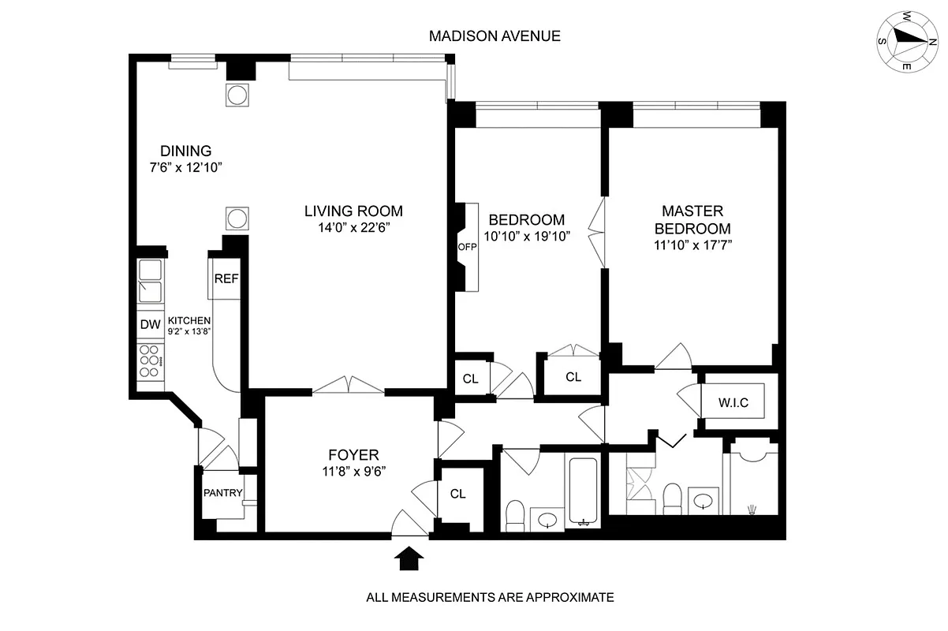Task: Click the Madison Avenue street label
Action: [x=495, y=36]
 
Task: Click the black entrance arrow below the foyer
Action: [x=408, y=558]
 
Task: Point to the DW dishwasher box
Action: [x=149, y=324]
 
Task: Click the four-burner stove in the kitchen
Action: [x=149, y=360]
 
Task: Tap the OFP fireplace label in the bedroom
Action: [x=463, y=247]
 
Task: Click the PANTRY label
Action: [x=222, y=494]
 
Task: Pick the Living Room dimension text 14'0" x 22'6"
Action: [x=353, y=228]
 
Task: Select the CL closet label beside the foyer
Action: [x=458, y=495]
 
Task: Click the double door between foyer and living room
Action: [x=348, y=386]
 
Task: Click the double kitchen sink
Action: [x=149, y=281]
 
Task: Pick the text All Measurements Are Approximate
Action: [x=490, y=597]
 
